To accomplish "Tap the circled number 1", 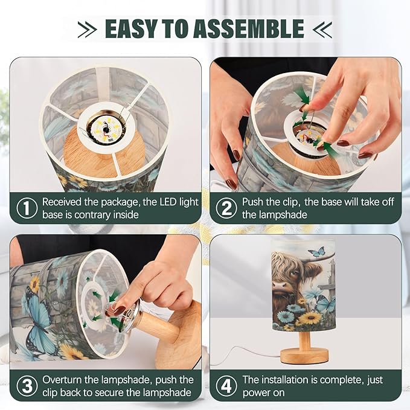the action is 27,208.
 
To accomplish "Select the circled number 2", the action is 226,208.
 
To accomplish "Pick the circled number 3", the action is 27,386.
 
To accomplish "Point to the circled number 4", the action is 226,386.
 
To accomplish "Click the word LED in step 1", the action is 167,202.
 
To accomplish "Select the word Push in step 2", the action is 253,202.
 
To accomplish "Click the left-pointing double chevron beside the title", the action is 322,29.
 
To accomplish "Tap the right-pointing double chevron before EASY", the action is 88,29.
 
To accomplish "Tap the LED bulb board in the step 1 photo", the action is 106,128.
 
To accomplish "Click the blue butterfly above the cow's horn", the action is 317,252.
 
